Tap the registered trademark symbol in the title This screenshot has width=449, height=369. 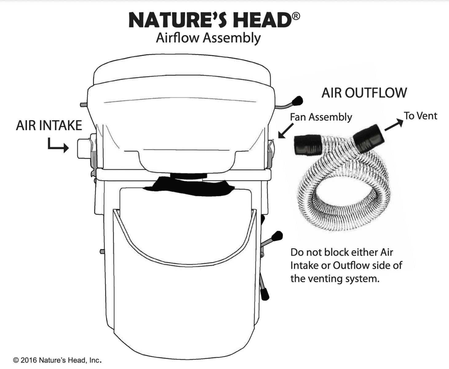(296, 16)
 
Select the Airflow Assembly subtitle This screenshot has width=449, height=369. (208, 38)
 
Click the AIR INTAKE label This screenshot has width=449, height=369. (49, 125)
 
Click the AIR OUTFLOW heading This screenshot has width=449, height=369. (364, 93)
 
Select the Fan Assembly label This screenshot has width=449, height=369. (321, 117)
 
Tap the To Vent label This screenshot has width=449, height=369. (420, 116)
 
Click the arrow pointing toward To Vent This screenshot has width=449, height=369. (394, 125)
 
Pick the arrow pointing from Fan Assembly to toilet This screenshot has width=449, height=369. (286, 130)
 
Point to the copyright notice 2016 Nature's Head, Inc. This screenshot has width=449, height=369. (57, 360)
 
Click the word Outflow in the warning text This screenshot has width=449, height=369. (351, 265)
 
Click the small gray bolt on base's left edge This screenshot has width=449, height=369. (102, 252)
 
